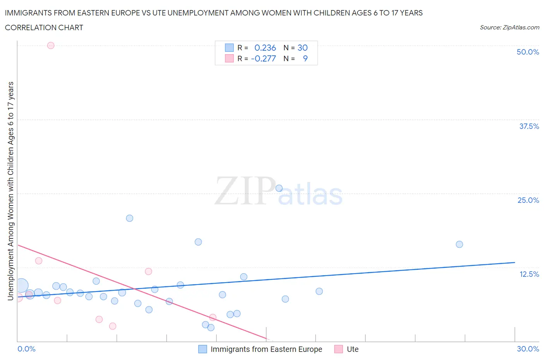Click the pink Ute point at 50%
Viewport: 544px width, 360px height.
51,45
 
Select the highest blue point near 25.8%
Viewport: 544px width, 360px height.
279,189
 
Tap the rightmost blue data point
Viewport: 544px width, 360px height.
459,244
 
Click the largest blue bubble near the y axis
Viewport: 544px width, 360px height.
21,286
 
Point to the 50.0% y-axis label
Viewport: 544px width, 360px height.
528,52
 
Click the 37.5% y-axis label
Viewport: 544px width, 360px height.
529,126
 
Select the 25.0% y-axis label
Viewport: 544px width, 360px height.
528,200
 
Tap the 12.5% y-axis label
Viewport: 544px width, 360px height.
529,274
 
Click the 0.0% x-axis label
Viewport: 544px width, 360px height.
27,349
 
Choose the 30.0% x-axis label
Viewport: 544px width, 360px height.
528,349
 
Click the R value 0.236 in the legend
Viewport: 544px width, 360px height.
265,48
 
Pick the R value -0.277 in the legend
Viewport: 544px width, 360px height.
263,58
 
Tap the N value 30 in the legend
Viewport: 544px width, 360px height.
303,48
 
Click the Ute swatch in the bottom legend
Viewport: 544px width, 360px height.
339,349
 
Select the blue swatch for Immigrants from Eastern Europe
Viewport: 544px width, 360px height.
202,349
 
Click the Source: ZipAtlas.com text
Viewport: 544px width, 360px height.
509,27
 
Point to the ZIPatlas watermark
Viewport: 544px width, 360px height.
279,192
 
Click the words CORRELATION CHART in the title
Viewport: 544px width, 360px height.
44,27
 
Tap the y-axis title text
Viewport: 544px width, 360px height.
10,191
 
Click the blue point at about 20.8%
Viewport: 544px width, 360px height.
130,218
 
